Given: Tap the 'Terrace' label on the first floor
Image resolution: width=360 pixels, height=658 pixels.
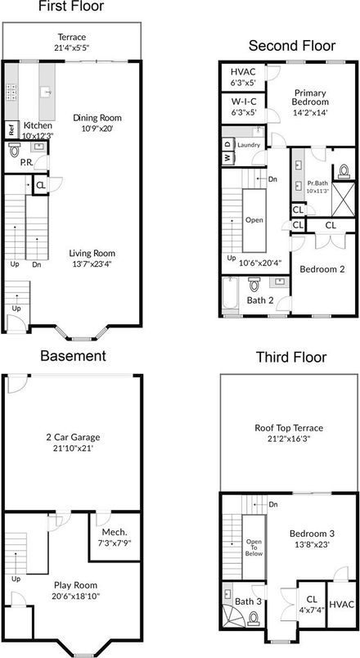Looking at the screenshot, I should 72,37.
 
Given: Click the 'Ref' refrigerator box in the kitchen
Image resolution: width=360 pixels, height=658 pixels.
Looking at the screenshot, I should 11,129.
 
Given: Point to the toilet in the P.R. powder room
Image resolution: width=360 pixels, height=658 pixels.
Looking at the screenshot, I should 14,151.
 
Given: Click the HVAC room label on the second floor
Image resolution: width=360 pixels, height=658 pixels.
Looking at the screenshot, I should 242,72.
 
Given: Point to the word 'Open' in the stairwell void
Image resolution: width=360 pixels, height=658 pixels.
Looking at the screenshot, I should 254,219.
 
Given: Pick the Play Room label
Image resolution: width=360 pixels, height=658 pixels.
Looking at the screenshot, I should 74,584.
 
